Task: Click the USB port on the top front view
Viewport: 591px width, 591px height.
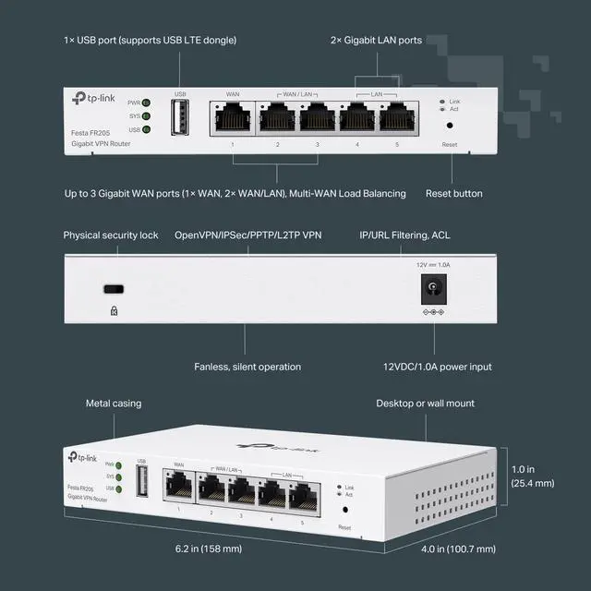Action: pos(180,116)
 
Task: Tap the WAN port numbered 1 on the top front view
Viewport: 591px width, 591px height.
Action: pos(233,117)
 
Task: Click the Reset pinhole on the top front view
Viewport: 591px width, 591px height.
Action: pos(450,125)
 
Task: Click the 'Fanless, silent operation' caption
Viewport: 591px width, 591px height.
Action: pos(247,367)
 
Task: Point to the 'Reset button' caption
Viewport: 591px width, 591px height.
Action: pos(453,194)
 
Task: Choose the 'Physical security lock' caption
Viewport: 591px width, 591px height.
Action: pos(111,235)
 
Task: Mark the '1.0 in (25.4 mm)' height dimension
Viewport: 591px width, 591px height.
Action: pos(532,476)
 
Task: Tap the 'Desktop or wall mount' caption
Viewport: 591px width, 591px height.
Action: pos(424,404)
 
